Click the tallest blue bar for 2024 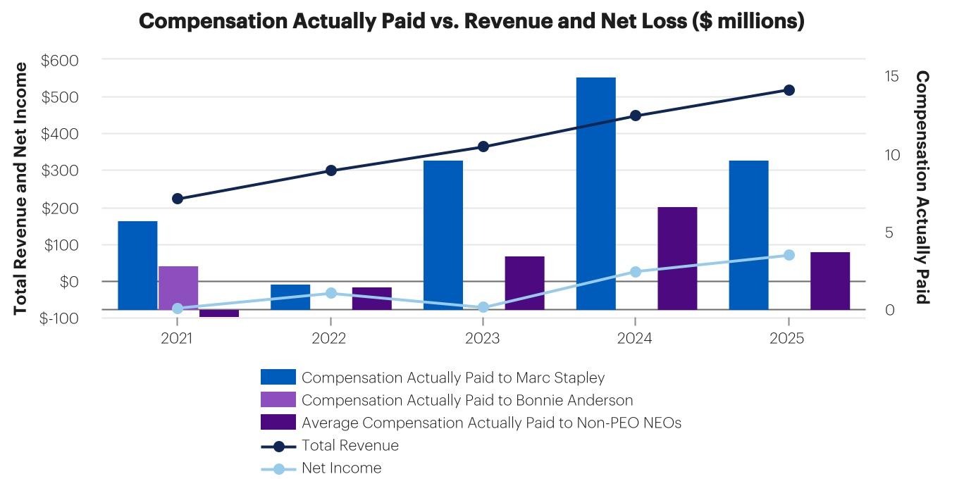point(595,193)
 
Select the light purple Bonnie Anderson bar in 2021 point(178,287)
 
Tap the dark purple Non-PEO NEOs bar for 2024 point(677,258)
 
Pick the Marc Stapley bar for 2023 point(443,235)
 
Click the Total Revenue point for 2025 point(789,90)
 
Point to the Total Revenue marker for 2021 point(178,199)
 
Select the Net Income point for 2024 point(636,272)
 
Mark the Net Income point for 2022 point(331,293)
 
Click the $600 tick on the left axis point(60,61)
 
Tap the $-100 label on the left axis point(60,318)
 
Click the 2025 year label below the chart point(789,339)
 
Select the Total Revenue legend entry point(350,446)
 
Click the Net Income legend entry point(341,468)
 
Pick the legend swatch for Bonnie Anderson point(278,400)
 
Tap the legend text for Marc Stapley point(453,378)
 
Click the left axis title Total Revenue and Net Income point(21,188)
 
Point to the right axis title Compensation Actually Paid point(922,187)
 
